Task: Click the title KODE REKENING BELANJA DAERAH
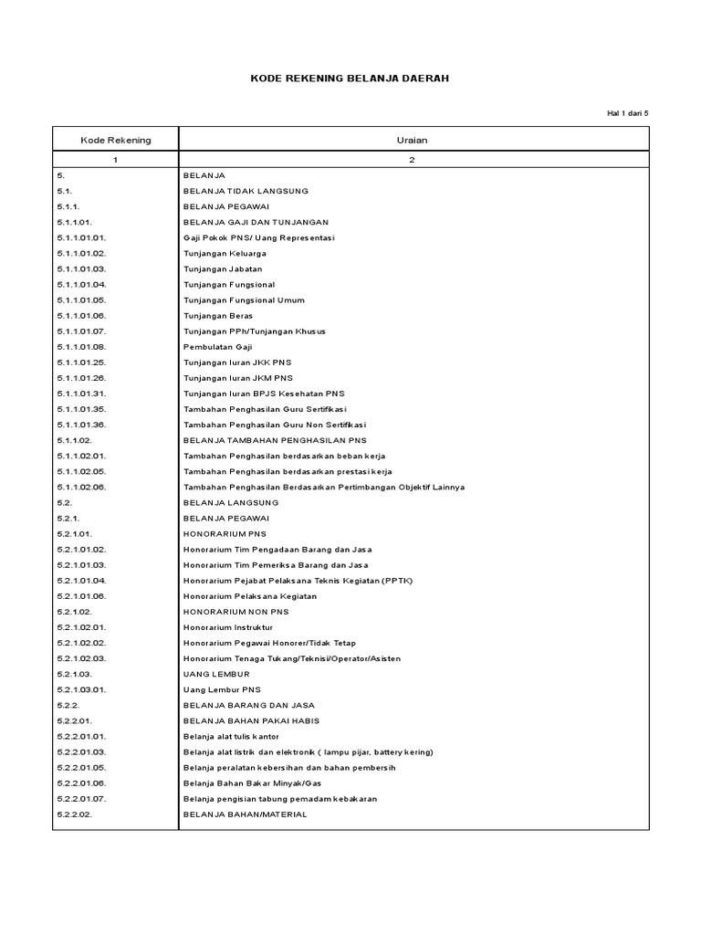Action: (x=350, y=79)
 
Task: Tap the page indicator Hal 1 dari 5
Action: (x=627, y=113)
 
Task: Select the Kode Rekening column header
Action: (x=116, y=140)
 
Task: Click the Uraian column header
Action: (x=413, y=140)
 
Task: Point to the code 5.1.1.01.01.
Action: (x=82, y=237)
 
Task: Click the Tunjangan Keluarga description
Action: (x=225, y=253)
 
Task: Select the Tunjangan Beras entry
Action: (x=217, y=315)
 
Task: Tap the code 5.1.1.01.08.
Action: (x=82, y=346)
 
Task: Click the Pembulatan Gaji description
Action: (x=219, y=346)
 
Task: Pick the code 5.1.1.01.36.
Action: (x=82, y=425)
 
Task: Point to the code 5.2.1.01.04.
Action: (x=82, y=580)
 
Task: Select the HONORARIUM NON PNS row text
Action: (x=235, y=611)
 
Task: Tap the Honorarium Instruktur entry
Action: (x=228, y=627)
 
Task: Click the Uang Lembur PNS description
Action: (x=222, y=689)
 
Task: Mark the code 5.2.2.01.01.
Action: (x=82, y=736)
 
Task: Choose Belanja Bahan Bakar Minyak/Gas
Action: (x=252, y=783)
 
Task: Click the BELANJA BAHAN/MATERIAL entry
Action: (x=246, y=814)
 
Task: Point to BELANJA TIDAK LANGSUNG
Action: (x=246, y=191)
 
